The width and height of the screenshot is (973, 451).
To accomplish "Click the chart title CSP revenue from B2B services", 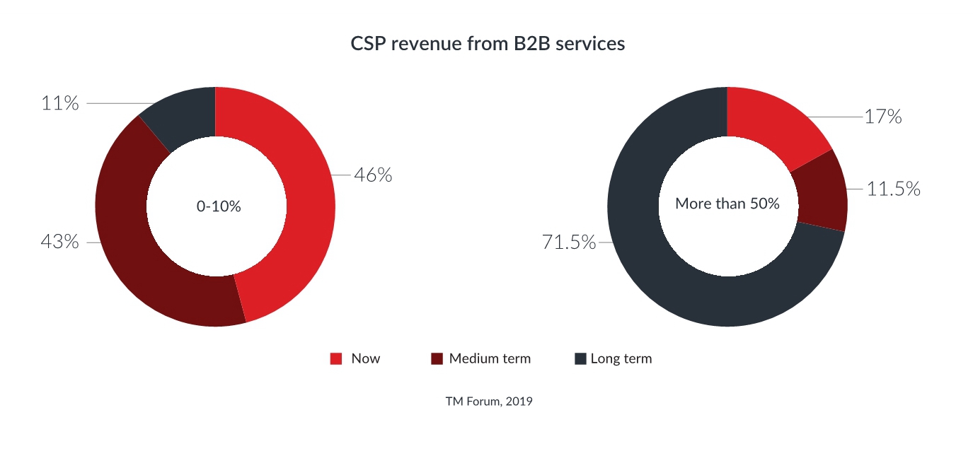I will [x=488, y=44].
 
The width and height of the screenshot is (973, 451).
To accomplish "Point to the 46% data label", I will [x=373, y=175].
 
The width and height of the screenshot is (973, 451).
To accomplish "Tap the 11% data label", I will [x=59, y=103].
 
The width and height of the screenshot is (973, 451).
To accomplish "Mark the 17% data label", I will [x=883, y=117].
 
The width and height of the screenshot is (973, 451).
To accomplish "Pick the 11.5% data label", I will [x=893, y=189].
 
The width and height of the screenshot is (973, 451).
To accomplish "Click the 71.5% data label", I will [x=569, y=242].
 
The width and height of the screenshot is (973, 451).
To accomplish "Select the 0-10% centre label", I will [x=218, y=207].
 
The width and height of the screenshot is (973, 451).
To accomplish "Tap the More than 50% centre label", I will [x=727, y=204].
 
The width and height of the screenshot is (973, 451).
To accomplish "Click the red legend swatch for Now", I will [x=336, y=359].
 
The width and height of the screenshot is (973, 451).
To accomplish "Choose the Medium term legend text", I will [x=490, y=358].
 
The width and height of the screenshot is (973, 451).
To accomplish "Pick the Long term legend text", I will [x=621, y=358].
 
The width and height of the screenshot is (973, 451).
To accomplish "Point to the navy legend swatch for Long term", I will [x=580, y=359].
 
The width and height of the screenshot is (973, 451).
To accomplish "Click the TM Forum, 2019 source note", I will [x=488, y=402].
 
